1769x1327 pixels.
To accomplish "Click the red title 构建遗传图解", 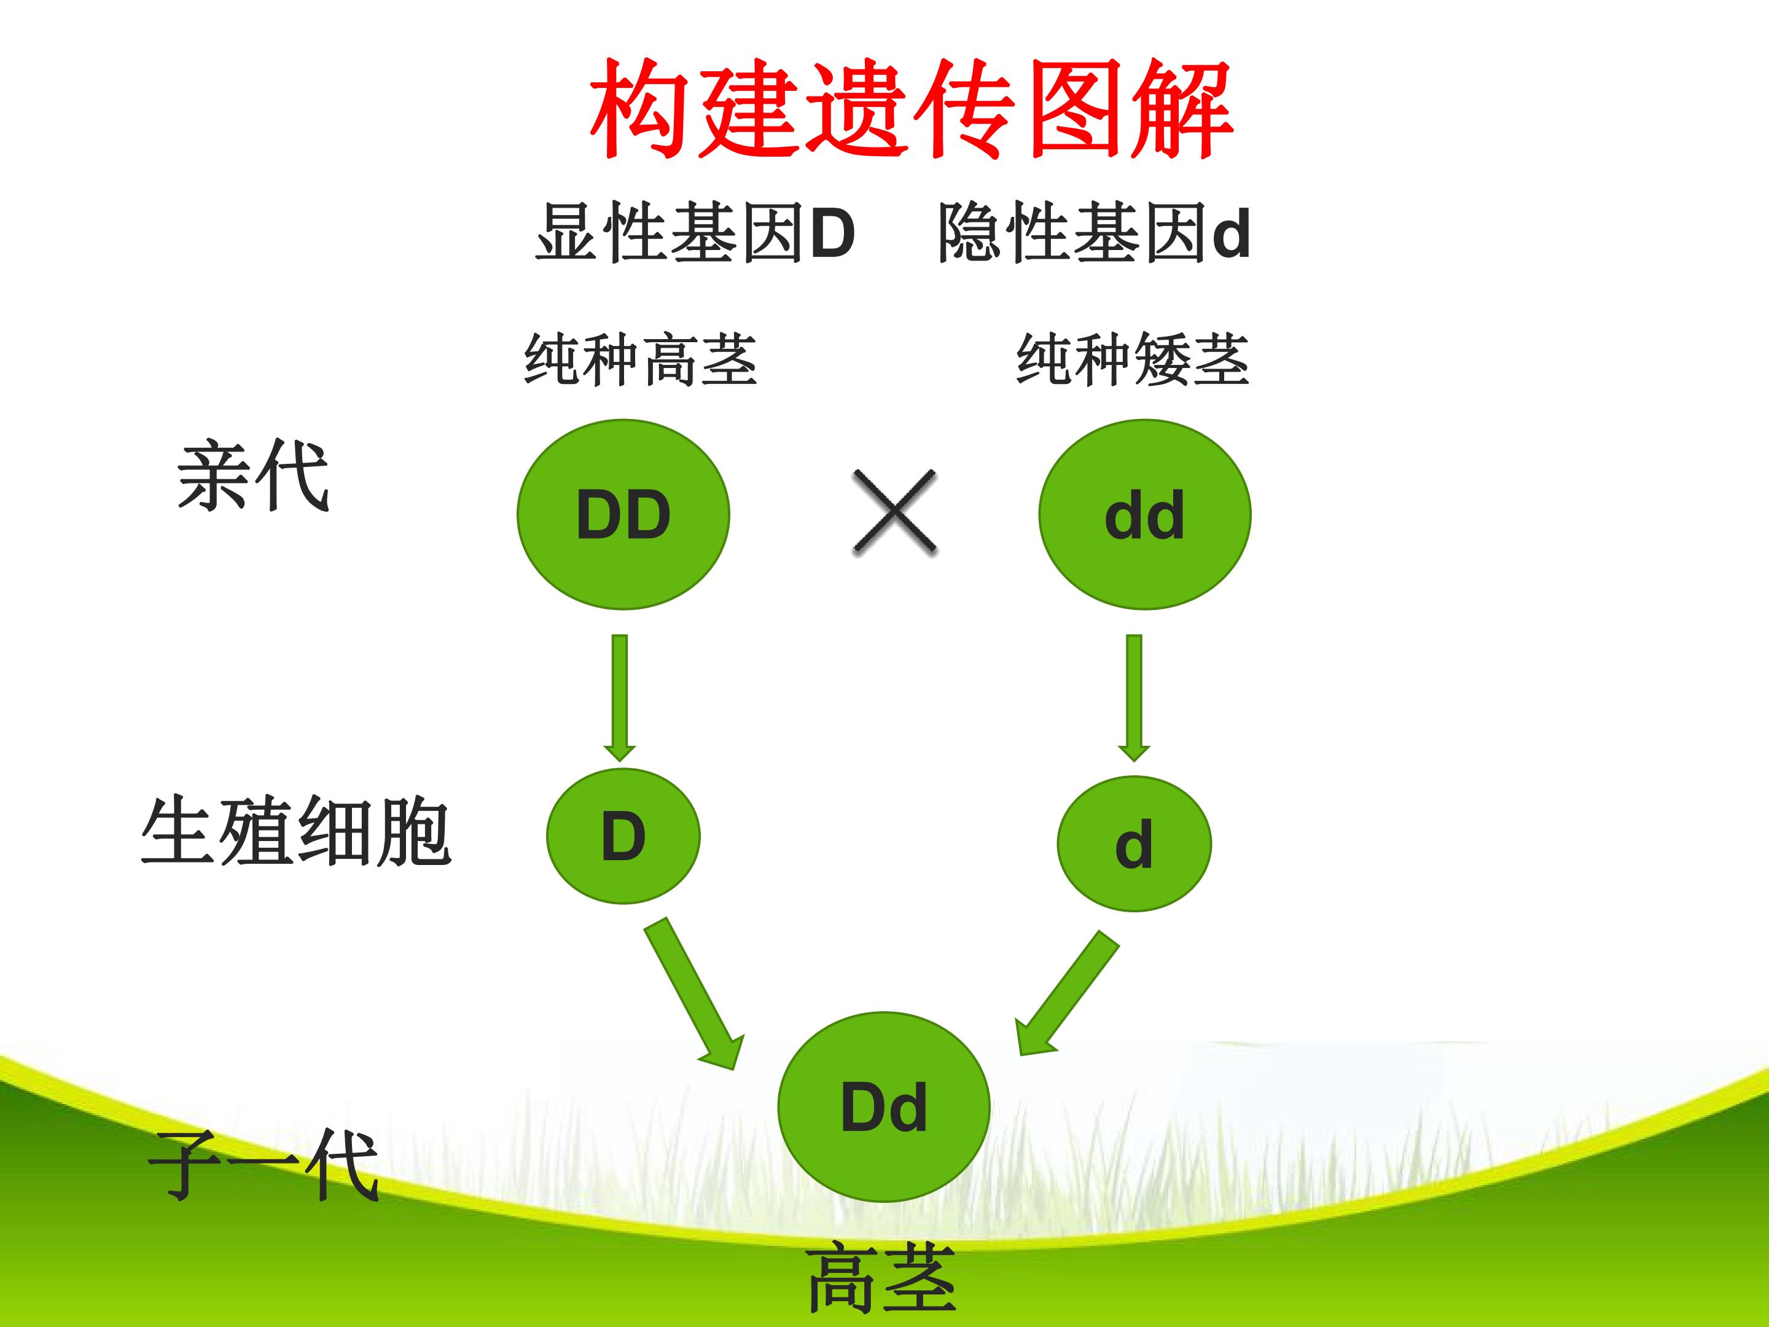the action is (911, 108).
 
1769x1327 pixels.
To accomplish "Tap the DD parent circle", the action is (623, 514).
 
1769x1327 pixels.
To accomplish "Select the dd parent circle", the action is (1144, 514).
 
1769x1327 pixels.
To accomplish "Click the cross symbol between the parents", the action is (895, 512).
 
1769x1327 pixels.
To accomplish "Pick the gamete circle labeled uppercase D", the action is (623, 836).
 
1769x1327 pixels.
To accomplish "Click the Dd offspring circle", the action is (884, 1107).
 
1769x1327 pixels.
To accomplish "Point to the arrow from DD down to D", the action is (620, 697).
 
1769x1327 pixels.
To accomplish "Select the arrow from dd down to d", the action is (1134, 697).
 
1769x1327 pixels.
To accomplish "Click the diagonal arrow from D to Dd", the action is (693, 993).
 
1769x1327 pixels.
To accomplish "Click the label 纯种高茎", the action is (641, 360).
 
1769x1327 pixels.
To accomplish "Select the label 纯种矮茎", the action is (1133, 360).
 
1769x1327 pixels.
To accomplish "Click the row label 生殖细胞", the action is (296, 831).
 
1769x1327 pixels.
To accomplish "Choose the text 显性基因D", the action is (696, 232).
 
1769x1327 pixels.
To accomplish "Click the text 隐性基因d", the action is (1094, 232).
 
